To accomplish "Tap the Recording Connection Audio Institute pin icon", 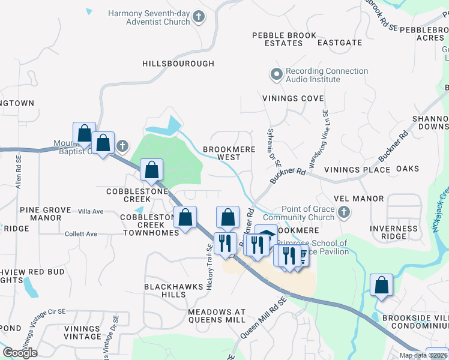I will [x=276, y=75].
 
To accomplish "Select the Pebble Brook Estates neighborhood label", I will [x=284, y=40].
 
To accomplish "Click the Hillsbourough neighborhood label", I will [x=178, y=64].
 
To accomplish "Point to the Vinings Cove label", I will [x=293, y=98].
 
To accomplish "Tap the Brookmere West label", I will [x=221, y=153].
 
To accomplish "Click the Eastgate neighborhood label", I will [x=340, y=43].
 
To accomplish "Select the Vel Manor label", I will [x=359, y=199].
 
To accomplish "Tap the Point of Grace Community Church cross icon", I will [x=343, y=212].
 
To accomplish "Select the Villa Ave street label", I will [x=91, y=211].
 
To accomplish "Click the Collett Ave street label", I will [x=81, y=234].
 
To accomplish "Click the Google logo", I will [x=20, y=353].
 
